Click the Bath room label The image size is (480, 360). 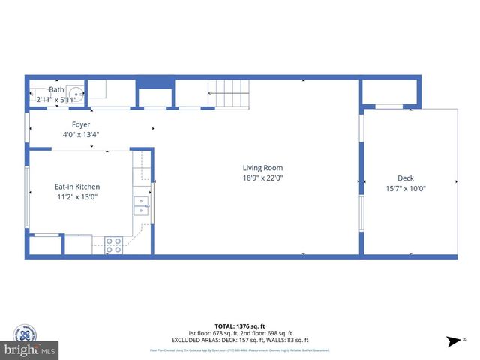pyautogui.click(x=56, y=89)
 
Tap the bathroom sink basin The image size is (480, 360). pyautogui.click(x=75, y=96)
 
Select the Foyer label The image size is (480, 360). pyautogui.click(x=81, y=124)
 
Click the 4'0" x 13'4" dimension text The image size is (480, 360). pyautogui.click(x=81, y=134)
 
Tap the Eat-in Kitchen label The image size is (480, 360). pyautogui.click(x=77, y=187)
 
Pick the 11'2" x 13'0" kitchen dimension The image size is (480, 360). pyautogui.click(x=77, y=196)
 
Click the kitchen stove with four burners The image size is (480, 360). pyautogui.click(x=114, y=244)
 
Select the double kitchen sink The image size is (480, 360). pyautogui.click(x=141, y=205)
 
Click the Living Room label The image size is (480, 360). pyautogui.click(x=262, y=168)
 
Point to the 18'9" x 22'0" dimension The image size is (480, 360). pyautogui.click(x=262, y=178)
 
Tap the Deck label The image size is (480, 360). pyautogui.click(x=406, y=178)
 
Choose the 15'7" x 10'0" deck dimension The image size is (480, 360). pyautogui.click(x=406, y=189)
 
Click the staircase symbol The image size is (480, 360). pyautogui.click(x=228, y=95)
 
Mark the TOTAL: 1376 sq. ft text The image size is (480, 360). pyautogui.click(x=240, y=326)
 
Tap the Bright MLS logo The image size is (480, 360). pyautogui.click(x=30, y=349)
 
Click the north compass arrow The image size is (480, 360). pyautogui.click(x=451, y=341)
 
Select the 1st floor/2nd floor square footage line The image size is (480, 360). pyautogui.click(x=240, y=333)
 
